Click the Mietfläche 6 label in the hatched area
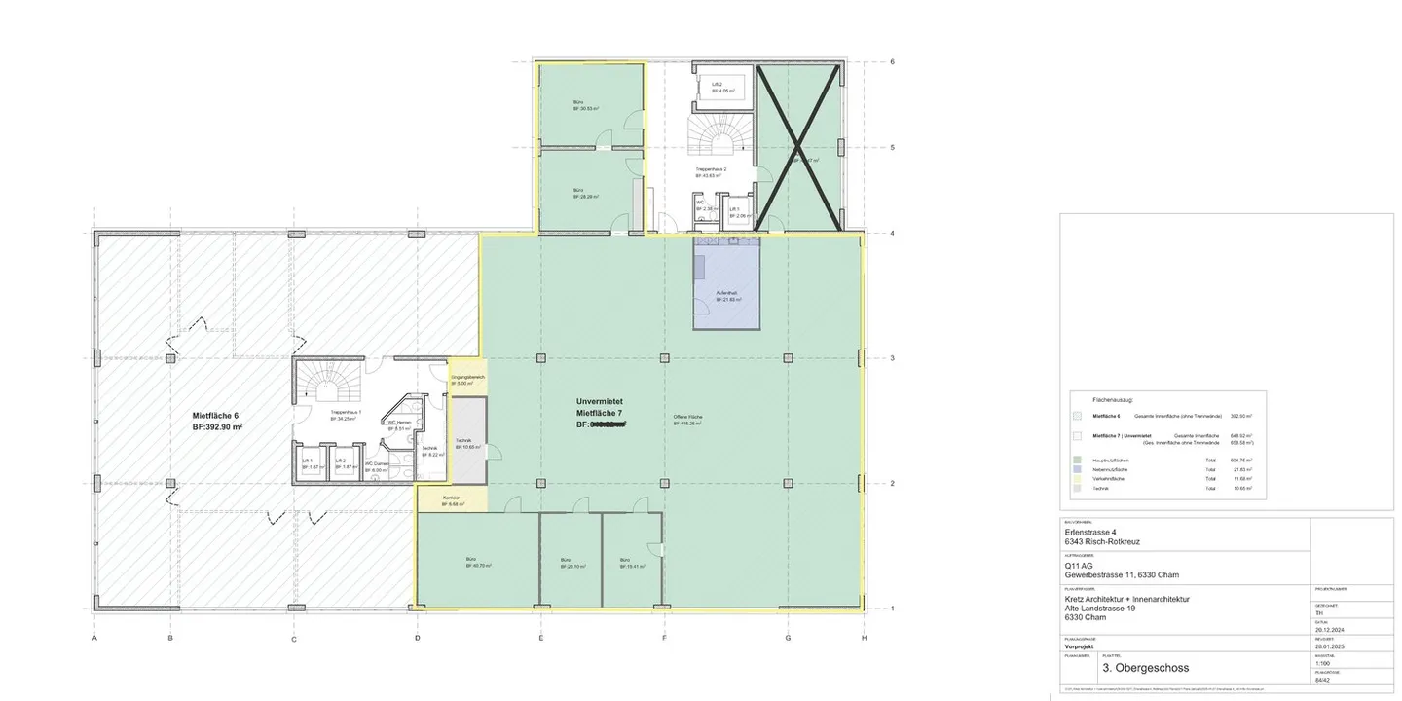point(215,416)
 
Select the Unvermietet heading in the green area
point(599,401)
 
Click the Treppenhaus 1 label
point(346,413)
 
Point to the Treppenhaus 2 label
point(711,169)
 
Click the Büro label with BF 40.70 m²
point(478,560)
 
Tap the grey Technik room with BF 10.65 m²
point(467,443)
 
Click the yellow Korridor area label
point(453,500)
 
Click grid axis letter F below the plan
point(664,639)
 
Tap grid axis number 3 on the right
point(892,358)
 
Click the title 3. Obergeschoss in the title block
point(1144,668)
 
